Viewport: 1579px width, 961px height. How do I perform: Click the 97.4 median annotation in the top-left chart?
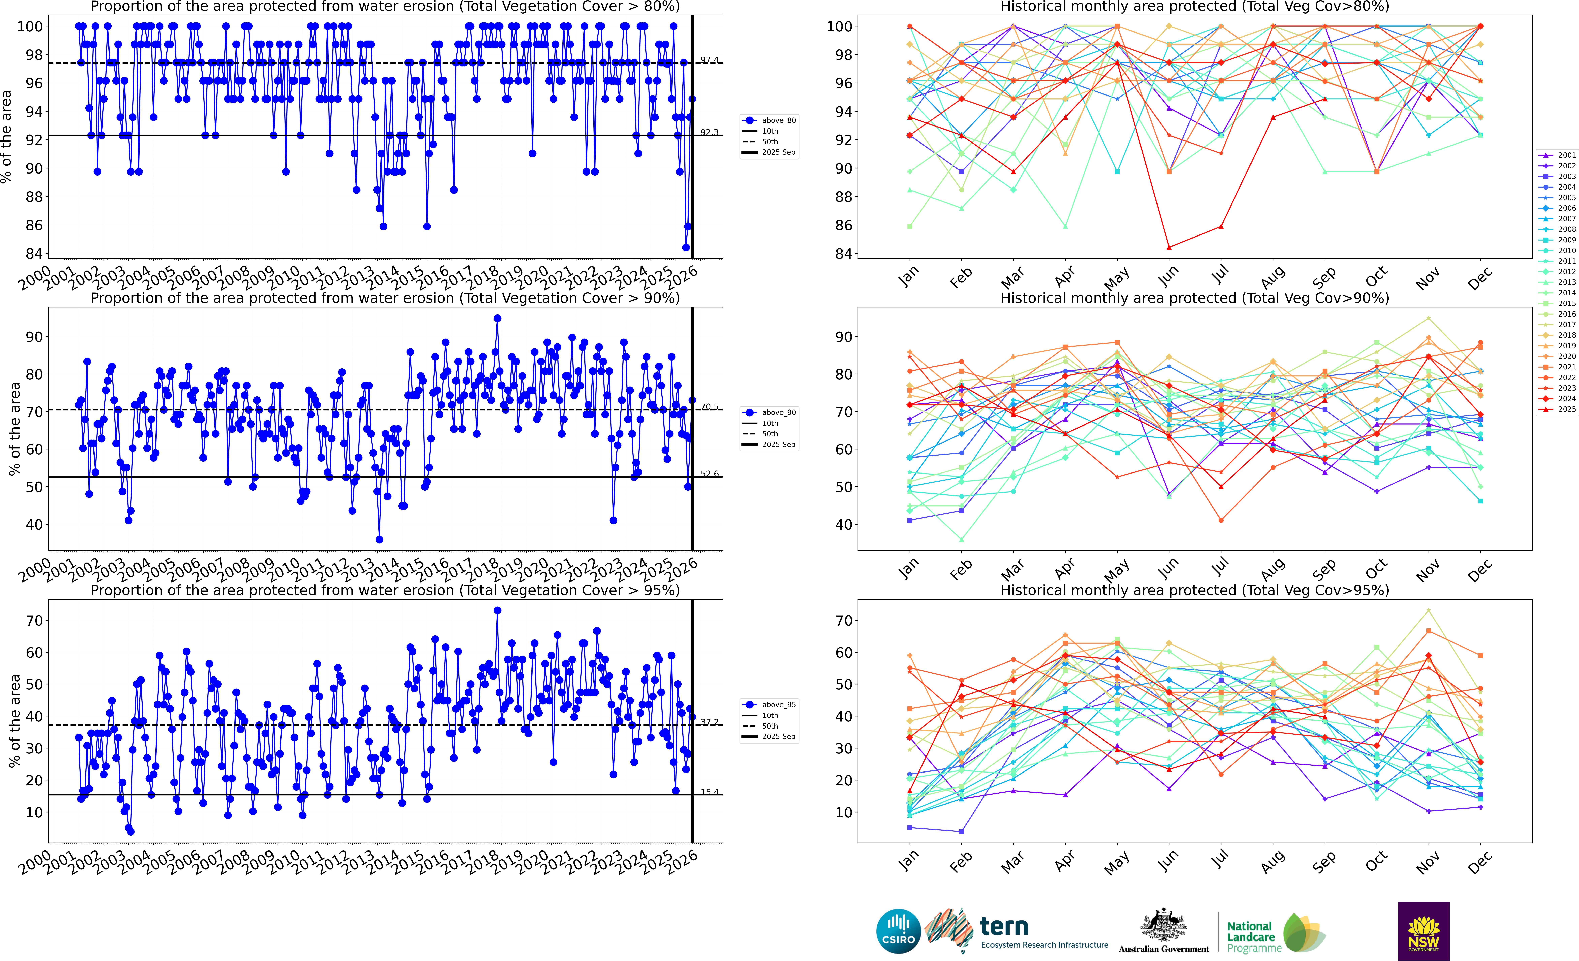[x=709, y=60]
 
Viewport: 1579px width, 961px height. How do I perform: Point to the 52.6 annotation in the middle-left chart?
[x=709, y=474]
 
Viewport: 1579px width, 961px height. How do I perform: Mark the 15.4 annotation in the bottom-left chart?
[x=709, y=792]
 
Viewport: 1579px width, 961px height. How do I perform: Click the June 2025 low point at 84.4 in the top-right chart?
[x=1169, y=247]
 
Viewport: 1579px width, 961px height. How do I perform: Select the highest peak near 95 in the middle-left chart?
[x=497, y=318]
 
